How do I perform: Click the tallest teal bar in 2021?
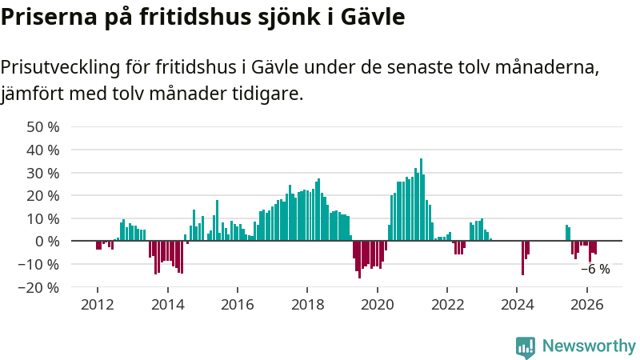pos(422,199)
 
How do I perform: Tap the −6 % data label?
pos(595,269)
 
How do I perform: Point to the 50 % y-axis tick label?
pos(43,127)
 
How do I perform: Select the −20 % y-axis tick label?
pos(38,288)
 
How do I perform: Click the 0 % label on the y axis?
pos(47,242)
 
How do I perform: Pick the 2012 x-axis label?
pos(97,305)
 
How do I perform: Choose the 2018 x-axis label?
pos(307,305)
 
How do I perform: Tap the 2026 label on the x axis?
pos(587,305)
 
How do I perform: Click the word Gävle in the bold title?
pos(373,17)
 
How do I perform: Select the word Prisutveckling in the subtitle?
pos(60,67)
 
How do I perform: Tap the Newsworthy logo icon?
pos(526,347)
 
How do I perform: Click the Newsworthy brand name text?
pos(589,346)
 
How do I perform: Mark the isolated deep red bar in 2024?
pos(523,258)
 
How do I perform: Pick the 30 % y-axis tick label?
pos(43,173)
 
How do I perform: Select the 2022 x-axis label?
pos(447,305)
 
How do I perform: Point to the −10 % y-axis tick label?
pos(38,265)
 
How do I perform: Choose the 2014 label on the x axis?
pos(168,305)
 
